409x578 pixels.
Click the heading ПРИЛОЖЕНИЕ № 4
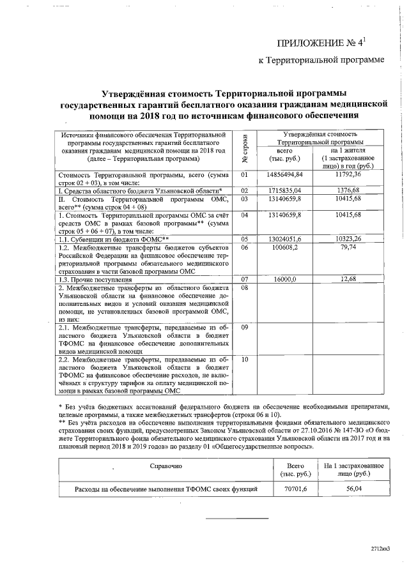(x=320, y=43)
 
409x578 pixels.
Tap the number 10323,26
(x=348, y=239)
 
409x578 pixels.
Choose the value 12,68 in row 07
(x=348, y=279)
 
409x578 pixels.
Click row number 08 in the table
(x=244, y=287)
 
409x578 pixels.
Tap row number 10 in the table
(x=244, y=360)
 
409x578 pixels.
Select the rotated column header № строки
(x=244, y=149)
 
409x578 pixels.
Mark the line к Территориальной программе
(x=321, y=60)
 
